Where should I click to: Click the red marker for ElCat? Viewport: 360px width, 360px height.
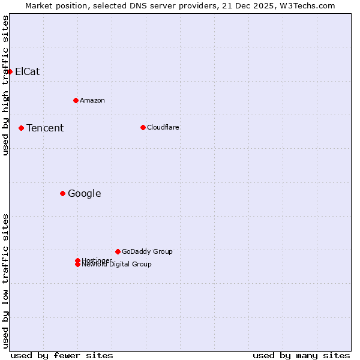10,71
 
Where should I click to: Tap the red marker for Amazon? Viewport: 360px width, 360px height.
76,100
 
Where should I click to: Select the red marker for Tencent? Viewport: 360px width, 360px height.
21,128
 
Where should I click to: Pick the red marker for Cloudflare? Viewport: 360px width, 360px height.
143,127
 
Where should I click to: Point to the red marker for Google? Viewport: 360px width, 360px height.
62,193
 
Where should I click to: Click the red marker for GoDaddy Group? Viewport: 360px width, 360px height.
118,251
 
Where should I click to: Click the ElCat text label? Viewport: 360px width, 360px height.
28,71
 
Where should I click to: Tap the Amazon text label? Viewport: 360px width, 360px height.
92,100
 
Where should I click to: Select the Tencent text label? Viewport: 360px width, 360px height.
45,128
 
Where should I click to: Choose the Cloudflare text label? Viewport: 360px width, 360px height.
163,127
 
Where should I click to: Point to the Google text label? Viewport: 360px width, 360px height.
85,193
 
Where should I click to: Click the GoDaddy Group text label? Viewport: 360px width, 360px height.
147,251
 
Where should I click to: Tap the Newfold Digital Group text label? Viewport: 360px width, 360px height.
117,265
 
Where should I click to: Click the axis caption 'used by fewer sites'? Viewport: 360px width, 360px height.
62,355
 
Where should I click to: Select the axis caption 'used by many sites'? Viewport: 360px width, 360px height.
301,355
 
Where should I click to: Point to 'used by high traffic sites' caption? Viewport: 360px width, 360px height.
5,85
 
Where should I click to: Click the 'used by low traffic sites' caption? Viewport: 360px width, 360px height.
5,281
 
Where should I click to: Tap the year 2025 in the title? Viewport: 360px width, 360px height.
268,5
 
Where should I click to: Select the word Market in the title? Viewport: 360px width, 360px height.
38,5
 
